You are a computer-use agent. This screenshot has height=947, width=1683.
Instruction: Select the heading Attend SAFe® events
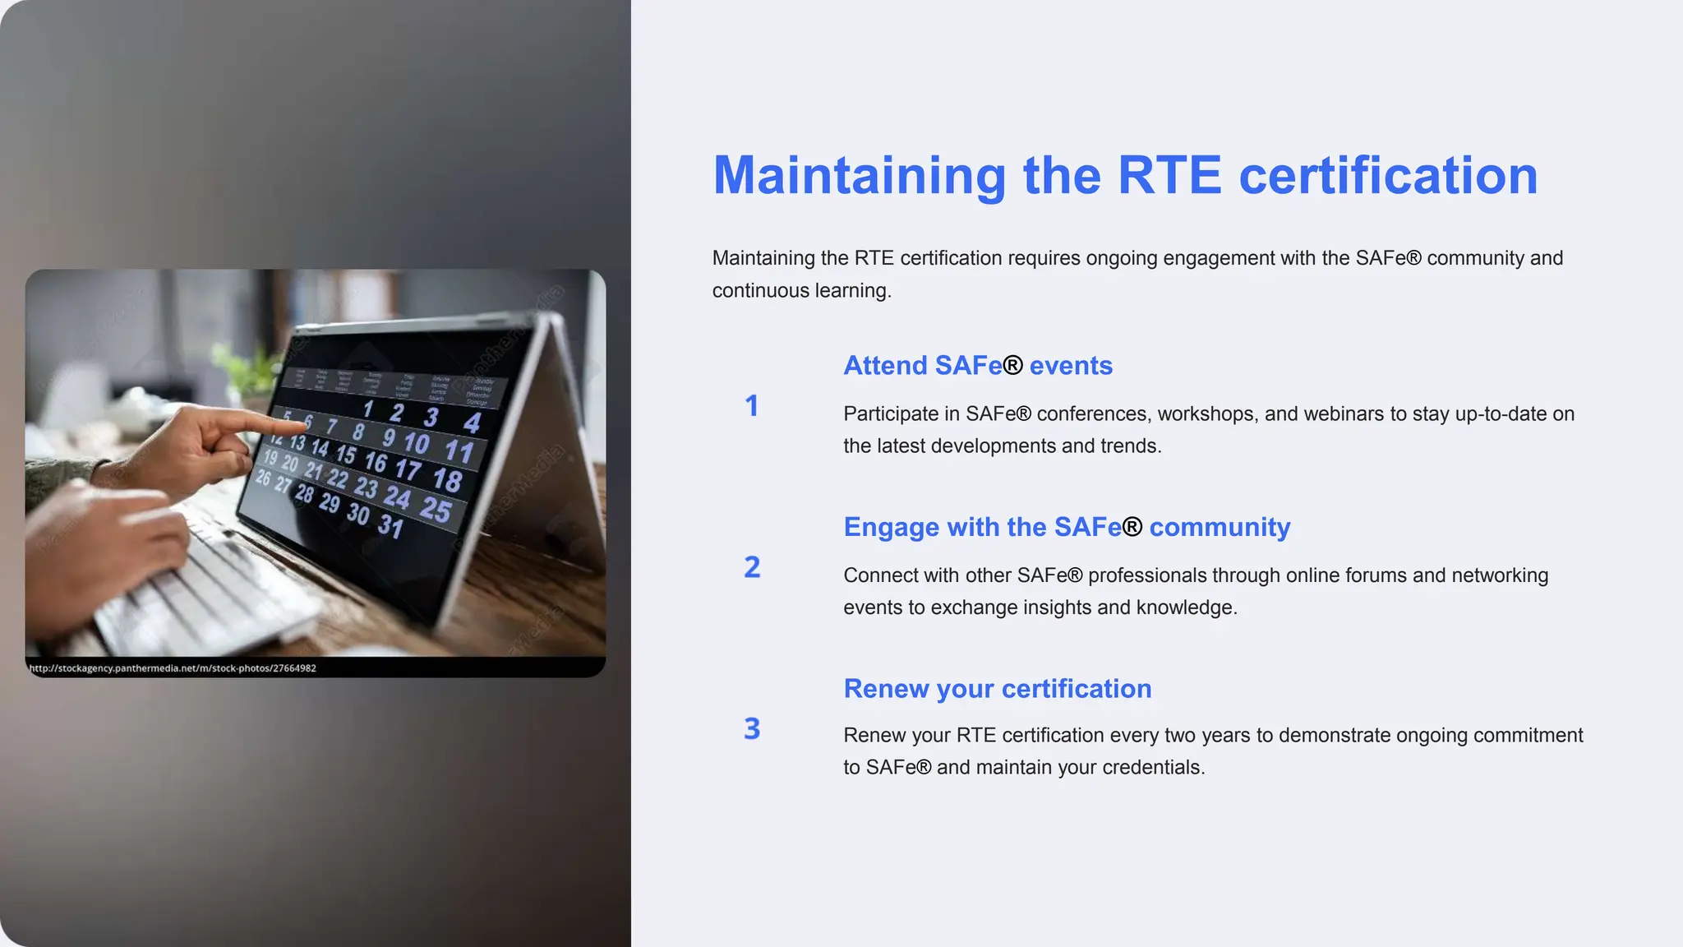978,365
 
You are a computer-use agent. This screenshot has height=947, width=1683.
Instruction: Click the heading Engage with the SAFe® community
1067,527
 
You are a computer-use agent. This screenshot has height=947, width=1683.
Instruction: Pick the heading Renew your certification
998,689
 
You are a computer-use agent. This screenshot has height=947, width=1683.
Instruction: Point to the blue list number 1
751,405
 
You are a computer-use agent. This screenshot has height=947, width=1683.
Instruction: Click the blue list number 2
752,567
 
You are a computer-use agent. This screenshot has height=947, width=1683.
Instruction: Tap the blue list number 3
752,728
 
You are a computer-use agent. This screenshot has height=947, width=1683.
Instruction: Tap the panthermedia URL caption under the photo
173,668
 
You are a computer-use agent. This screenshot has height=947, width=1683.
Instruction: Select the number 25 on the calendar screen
436,510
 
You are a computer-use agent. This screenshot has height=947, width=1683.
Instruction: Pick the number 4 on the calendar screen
472,423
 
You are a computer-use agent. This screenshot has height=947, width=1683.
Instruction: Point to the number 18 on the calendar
448,479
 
